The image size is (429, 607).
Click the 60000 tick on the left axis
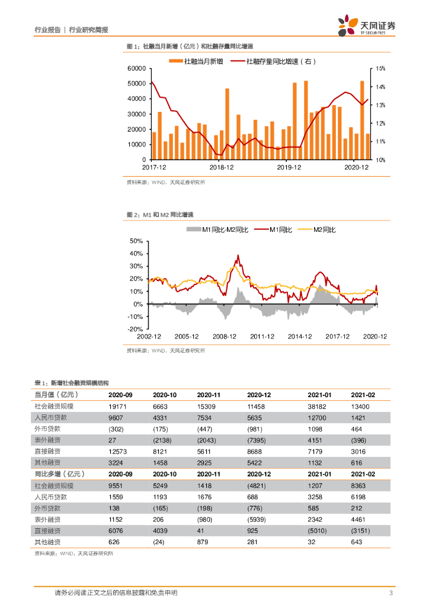tap(136, 69)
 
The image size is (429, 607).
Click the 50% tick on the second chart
tap(136, 242)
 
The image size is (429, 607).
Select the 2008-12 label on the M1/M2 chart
tap(225, 337)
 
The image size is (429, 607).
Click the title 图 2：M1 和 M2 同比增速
tap(161, 215)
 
